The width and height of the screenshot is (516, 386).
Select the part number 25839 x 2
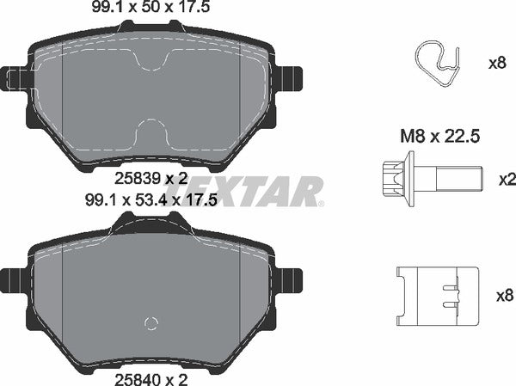pos(150,178)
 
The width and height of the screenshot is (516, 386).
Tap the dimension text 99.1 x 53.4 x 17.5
pos(150,199)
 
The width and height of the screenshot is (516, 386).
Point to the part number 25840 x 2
pos(150,376)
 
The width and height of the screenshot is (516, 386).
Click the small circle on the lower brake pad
pos(150,325)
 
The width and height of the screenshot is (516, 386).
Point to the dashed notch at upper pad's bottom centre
pos(150,133)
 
